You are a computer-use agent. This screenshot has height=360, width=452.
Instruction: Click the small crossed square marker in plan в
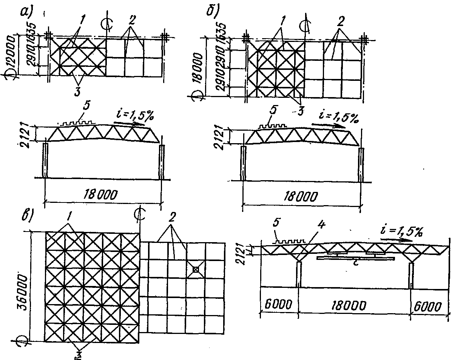(x=196, y=269)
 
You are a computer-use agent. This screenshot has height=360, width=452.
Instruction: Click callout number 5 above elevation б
(x=273, y=112)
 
